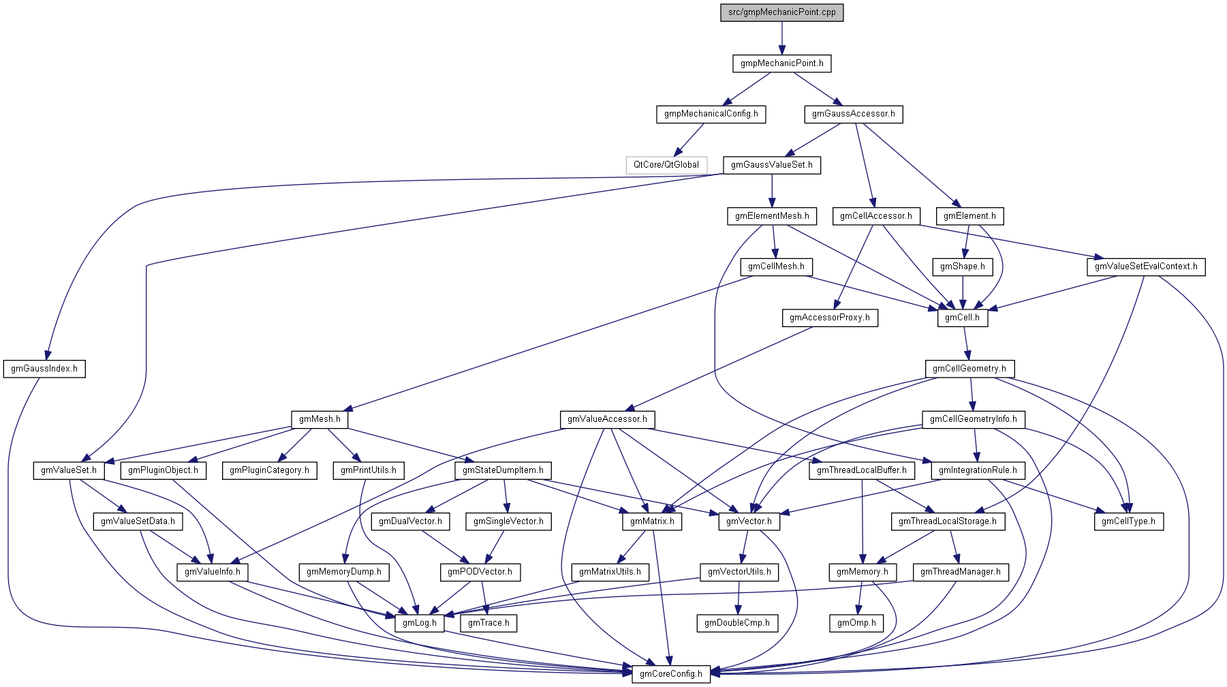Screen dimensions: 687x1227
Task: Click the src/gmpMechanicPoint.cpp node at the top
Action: (x=781, y=12)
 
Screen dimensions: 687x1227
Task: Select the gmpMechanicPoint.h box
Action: (x=781, y=63)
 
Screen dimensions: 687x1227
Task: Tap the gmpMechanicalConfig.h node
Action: (x=711, y=114)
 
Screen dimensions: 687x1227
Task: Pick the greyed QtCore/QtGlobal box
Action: (x=666, y=165)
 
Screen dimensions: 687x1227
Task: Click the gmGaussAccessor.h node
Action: (x=853, y=114)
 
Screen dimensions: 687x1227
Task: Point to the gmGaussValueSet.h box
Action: (x=771, y=165)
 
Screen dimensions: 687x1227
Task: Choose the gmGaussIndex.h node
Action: (x=44, y=369)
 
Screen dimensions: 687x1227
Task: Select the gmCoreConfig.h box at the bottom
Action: (x=670, y=674)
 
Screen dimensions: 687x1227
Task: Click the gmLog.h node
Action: (x=419, y=623)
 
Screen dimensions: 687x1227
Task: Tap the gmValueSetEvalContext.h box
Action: (x=1145, y=266)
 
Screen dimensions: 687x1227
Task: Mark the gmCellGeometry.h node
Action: (x=969, y=369)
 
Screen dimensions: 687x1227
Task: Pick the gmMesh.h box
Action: (x=320, y=419)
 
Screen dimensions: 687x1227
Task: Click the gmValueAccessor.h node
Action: (x=607, y=419)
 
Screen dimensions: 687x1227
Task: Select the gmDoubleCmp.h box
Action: (x=736, y=623)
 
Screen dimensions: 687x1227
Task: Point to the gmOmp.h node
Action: (x=856, y=623)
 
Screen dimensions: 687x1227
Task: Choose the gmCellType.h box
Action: (x=1128, y=521)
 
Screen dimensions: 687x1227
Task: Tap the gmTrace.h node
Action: (x=488, y=623)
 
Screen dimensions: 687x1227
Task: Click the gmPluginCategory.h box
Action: (x=269, y=470)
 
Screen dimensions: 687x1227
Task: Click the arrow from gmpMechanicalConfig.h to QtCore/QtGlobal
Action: (x=689, y=139)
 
